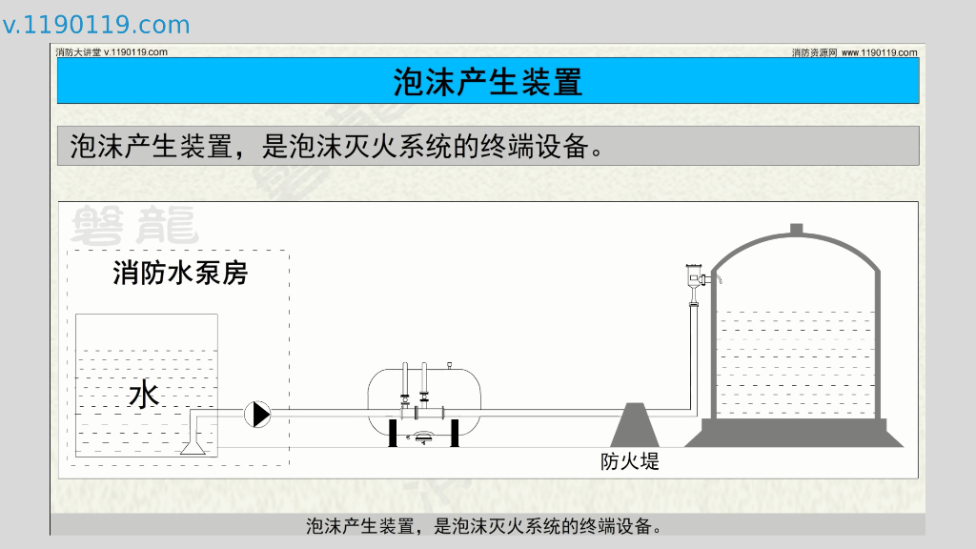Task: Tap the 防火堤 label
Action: (630, 462)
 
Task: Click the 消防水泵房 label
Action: (180, 274)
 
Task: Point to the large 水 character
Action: (144, 394)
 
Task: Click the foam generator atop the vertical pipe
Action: (694, 277)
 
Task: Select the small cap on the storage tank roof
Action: (796, 229)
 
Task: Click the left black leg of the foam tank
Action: (391, 431)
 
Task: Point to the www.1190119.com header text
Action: (879, 52)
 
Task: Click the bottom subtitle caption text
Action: (483, 525)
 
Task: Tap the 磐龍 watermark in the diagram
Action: (133, 226)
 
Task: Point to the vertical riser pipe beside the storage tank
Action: (694, 353)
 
